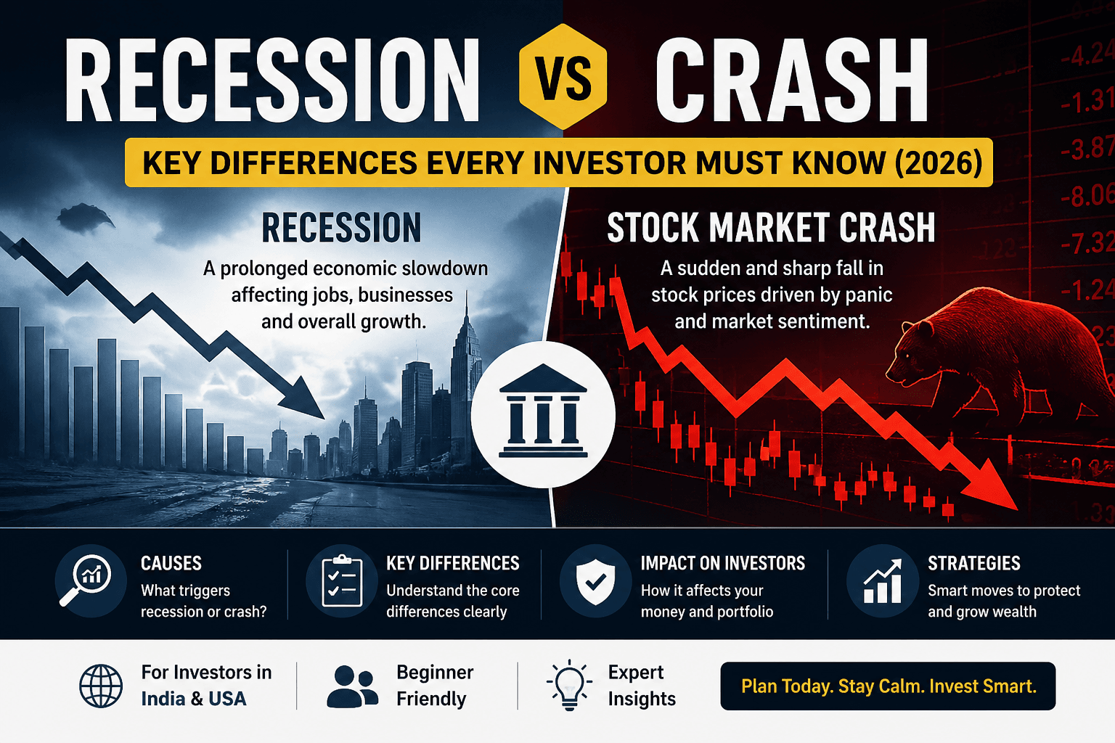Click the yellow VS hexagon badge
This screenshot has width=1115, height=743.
564,77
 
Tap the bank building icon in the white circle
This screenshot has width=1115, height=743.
543,412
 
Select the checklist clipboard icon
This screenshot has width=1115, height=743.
341,580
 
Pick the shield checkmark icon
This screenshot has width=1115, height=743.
595,580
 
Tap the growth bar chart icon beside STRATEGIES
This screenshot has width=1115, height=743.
882,580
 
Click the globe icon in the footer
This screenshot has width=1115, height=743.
101,686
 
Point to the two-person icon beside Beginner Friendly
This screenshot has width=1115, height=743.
352,686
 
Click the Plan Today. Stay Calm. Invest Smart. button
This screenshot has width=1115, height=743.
888,686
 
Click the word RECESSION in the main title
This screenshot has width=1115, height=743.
272,80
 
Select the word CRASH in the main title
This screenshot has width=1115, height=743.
791,80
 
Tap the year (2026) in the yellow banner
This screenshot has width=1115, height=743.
939,163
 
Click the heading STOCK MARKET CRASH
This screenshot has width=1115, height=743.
771,228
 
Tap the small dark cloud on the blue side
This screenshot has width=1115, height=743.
85,216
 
